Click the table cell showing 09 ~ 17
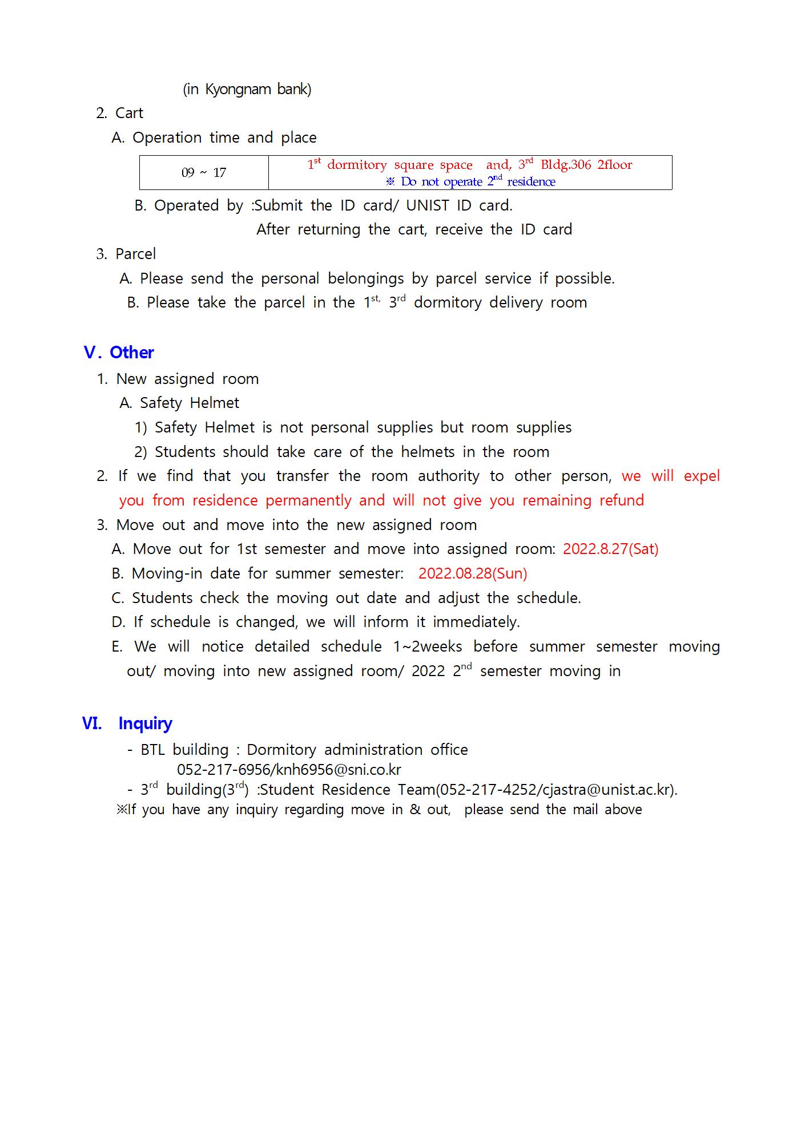click(204, 172)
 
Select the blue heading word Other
click(132, 353)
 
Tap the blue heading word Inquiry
click(145, 723)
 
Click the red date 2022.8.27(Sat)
click(610, 549)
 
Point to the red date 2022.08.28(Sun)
click(473, 573)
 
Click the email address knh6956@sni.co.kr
click(339, 770)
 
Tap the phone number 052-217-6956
click(224, 770)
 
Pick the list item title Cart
click(129, 113)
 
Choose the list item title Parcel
click(135, 254)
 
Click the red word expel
click(702, 476)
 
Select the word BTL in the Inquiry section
click(152, 750)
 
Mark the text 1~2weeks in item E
click(428, 646)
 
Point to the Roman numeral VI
click(92, 723)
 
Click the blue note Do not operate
click(441, 182)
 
